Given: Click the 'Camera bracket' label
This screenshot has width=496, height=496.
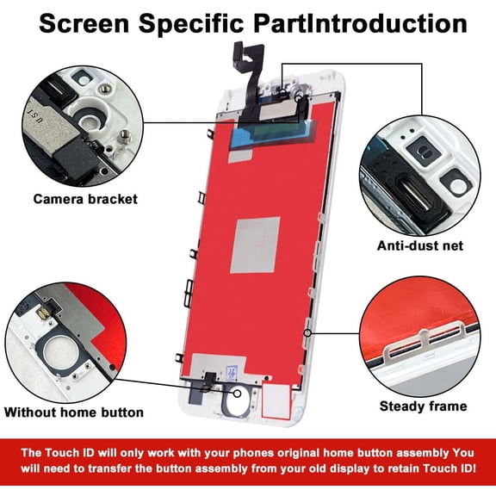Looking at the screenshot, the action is pos(85,199).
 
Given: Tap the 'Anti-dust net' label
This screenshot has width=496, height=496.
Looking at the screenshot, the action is pos(420,245).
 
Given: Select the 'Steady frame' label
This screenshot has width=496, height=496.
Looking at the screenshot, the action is pos(424,406).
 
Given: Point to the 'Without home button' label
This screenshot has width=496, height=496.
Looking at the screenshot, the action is pos(74,412).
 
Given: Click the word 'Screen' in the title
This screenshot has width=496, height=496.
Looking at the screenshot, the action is pos(84,24).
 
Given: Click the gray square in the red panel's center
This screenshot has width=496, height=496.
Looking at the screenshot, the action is pos(256,245).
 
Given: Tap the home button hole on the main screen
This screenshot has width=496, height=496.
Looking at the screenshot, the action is pos(236,400).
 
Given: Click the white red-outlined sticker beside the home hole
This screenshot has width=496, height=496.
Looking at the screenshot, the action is pos(276,401).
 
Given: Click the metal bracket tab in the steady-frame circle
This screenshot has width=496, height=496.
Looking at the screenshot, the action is pos(424,344).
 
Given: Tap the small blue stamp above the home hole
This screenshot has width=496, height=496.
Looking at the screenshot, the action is pos(232,374).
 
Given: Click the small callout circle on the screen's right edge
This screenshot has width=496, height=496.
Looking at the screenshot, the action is pos(307,333).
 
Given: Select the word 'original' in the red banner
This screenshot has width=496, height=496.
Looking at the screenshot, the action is pos(298,453).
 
